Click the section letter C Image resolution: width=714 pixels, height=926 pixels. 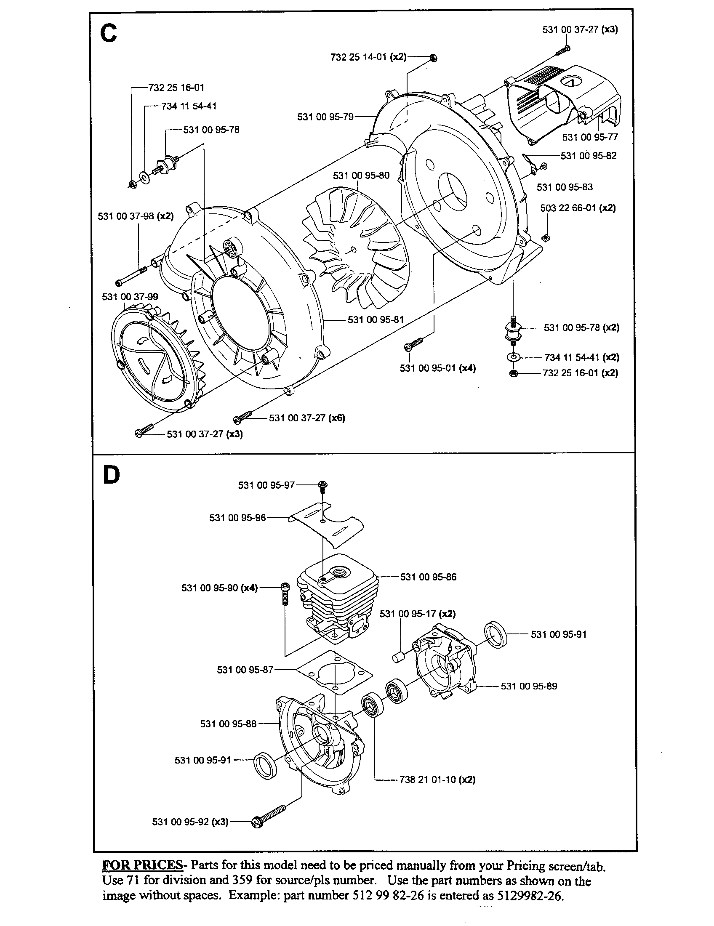pos(109,33)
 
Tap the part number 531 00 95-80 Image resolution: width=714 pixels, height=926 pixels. pos(361,176)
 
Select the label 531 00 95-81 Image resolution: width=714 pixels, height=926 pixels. pos(376,320)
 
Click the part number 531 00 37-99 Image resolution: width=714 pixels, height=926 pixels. pos(130,297)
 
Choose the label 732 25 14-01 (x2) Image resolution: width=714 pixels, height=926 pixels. pos(368,57)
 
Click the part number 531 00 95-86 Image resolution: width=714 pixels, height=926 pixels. pos(428,577)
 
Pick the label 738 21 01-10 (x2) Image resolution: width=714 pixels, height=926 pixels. pos(437,780)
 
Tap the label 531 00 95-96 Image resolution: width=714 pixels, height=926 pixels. pos(237,518)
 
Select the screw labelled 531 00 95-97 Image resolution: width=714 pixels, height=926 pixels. pos(323,485)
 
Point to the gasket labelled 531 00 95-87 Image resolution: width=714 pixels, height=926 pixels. pos(335,672)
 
